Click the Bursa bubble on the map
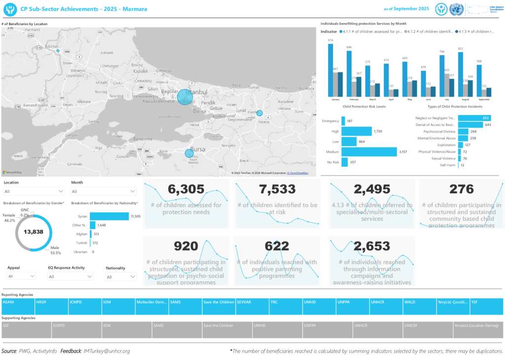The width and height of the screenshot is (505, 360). coord(189,153)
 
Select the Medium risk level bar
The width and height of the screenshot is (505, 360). coord(369,152)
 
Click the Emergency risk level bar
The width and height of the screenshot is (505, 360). coord(343,121)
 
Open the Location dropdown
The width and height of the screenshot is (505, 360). coord(34,191)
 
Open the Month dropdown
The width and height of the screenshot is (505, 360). coord(104,191)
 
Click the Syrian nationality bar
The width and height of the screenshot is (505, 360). coord(109,216)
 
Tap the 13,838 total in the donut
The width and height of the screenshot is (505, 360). coord(34,232)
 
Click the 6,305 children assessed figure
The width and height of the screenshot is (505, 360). coord(186,189)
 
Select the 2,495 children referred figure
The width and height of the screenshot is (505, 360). coord(372,189)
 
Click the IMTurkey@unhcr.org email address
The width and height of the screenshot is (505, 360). coord(107,351)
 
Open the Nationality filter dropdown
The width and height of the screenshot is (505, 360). coord(120,277)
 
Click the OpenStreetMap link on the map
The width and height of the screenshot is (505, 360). coord(299,173)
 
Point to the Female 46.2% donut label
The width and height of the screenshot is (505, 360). coord(9,218)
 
